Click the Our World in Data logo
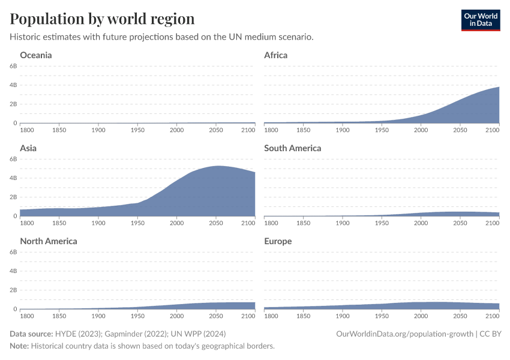coord(480,20)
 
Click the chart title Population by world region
coord(102,19)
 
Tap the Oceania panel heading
coord(36,55)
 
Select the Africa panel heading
coord(276,55)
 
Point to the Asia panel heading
coord(28,148)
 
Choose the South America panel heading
coord(293,148)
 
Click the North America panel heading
coord(49,241)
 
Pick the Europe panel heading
coord(278,241)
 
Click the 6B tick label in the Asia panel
coord(13,159)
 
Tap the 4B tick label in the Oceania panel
coord(13,85)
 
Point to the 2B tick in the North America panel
coord(13,290)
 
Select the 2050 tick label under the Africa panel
coord(460,130)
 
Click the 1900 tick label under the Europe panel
coord(343,316)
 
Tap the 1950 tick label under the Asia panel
coord(137,223)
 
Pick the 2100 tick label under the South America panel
coord(492,223)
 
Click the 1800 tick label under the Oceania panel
coord(27,130)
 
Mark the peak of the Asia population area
coord(217,166)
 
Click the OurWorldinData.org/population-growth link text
coord(405,334)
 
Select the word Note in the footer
coord(19,346)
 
